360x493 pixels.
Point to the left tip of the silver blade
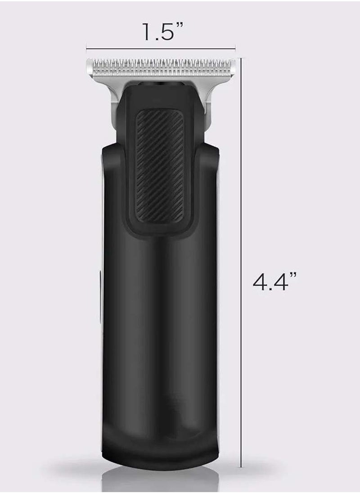pyautogui.click(x=89, y=67)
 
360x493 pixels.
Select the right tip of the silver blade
pyautogui.click(x=235, y=67)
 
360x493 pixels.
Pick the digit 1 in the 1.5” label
pyautogui.click(x=145, y=32)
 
